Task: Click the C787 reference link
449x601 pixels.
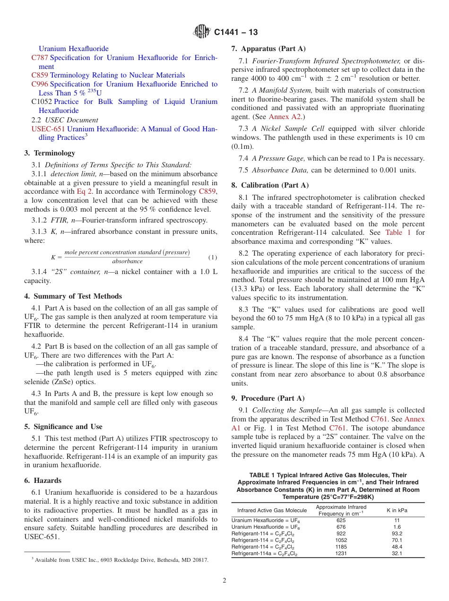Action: coord(40,58)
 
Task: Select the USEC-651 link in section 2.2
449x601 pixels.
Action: coord(48,129)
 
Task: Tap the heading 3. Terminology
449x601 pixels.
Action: coord(50,153)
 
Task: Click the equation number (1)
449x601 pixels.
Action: coord(212,258)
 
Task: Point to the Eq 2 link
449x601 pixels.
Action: coord(82,191)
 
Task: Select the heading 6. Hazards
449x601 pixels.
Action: coord(43,481)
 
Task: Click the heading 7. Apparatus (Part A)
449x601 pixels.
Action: coord(268,49)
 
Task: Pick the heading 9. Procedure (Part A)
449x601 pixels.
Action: coord(268,398)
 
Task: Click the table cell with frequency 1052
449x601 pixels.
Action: coord(341,540)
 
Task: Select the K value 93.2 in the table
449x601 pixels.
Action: coord(397,533)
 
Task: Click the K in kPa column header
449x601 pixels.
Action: coord(397,510)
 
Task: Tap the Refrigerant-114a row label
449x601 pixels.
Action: coord(264,553)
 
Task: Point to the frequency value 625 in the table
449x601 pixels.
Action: coord(341,520)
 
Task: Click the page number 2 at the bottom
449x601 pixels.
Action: coord(224,581)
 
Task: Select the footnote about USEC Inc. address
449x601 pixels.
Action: coord(120,560)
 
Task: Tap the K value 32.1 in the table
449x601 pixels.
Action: coord(397,553)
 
